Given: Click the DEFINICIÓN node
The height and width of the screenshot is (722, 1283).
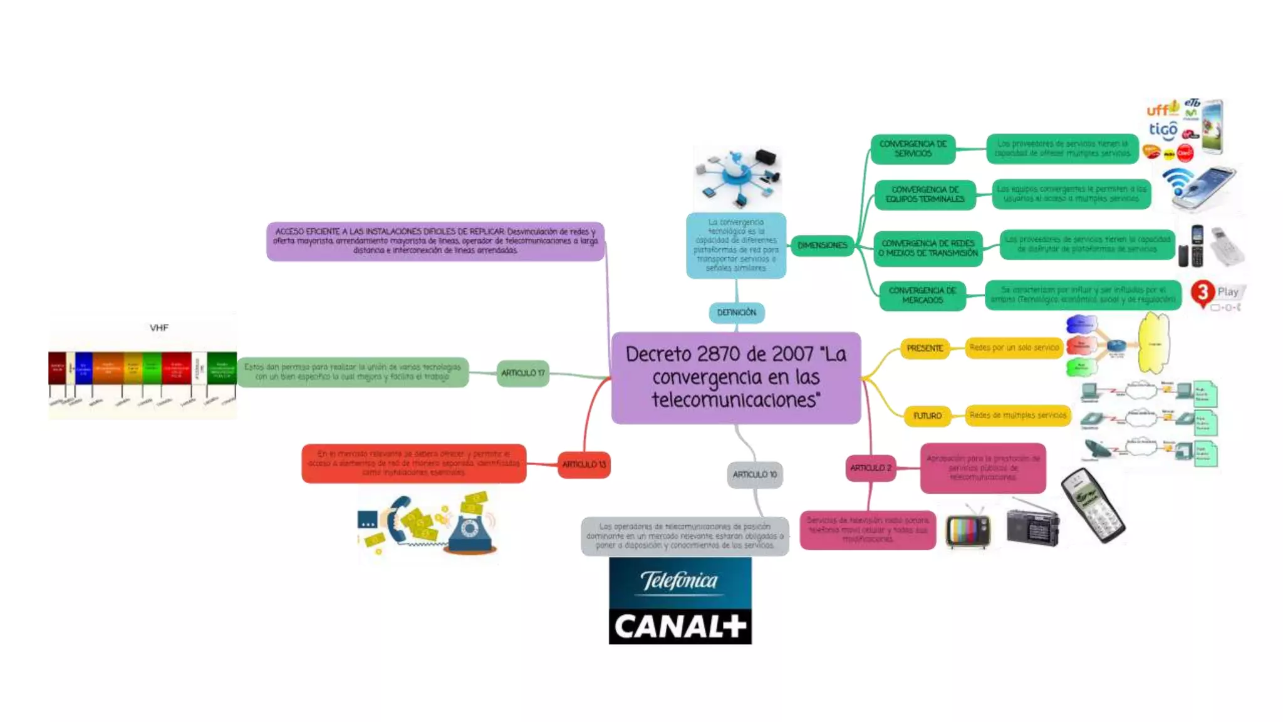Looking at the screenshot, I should [x=736, y=312].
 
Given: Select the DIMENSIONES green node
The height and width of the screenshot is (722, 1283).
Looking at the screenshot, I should [x=822, y=245].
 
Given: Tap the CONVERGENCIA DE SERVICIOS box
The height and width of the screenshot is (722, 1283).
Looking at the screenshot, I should [x=913, y=149].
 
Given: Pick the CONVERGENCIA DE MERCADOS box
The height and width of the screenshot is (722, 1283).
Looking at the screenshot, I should [x=922, y=295].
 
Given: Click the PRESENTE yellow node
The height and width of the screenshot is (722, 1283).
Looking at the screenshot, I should [x=924, y=348].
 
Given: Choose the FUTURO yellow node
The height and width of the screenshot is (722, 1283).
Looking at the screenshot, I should [x=927, y=416].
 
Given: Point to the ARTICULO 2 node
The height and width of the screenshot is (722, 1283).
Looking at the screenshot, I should [x=870, y=468].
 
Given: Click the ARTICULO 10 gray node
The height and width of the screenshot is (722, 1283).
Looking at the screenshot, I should [x=754, y=474].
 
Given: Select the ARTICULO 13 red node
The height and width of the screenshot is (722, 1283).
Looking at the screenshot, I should [x=584, y=464].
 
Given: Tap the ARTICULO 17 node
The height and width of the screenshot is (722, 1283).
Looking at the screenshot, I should [x=522, y=373].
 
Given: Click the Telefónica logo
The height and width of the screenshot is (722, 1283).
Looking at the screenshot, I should [x=680, y=582].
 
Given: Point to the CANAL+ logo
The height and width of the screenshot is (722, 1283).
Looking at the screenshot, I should [x=680, y=626].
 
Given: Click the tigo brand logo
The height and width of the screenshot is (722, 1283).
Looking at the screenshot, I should [x=1163, y=130].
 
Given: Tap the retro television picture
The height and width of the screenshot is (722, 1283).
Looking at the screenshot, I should [x=968, y=530].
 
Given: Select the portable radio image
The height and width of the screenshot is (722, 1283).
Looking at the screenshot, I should [x=1032, y=525].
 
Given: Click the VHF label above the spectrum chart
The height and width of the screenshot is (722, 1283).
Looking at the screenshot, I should [x=159, y=327].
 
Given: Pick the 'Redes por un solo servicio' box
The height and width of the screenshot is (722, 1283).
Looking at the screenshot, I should [x=1014, y=347].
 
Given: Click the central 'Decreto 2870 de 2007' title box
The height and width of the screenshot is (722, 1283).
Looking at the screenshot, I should [x=735, y=377].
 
